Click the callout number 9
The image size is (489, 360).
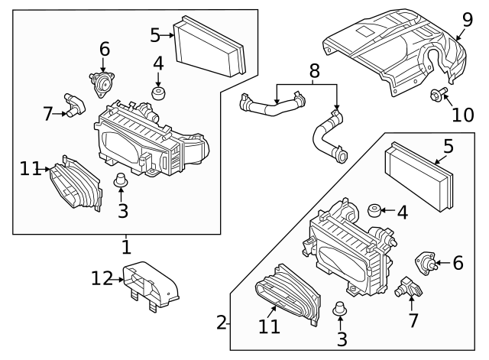pyautogui.click(x=467, y=19)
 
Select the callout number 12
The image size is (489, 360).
pyautogui.click(x=102, y=279)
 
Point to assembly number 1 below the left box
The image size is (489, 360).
pyautogui.click(x=126, y=246)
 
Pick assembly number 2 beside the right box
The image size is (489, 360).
pyautogui.click(x=222, y=323)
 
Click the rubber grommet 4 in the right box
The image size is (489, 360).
pyautogui.click(x=374, y=210)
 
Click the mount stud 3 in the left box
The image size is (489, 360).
pyautogui.click(x=119, y=182)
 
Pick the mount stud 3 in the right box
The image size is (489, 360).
pyautogui.click(x=341, y=310)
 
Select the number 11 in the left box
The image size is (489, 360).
pyautogui.click(x=30, y=169)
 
